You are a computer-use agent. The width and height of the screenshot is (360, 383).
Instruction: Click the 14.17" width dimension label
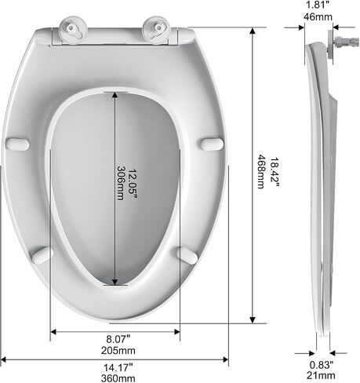118,367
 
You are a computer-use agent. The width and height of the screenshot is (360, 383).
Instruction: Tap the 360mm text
118,378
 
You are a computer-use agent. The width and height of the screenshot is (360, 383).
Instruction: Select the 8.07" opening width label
118,339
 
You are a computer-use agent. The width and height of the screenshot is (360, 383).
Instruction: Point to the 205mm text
118,350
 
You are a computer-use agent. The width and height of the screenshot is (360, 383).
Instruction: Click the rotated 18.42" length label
275,172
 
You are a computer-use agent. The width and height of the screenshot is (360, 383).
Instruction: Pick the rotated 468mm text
261,171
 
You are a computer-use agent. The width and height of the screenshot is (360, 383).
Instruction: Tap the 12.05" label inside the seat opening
133,184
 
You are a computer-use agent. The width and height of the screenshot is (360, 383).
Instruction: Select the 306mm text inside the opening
120,183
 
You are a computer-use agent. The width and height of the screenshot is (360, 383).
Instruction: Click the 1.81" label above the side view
318,5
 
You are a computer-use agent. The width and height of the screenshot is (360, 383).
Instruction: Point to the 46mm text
318,16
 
